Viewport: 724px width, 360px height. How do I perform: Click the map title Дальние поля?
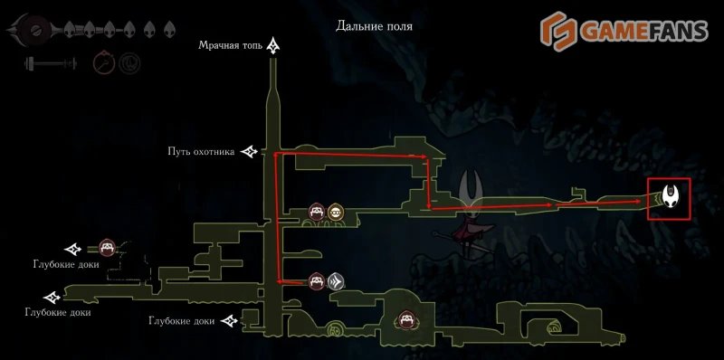[374, 26]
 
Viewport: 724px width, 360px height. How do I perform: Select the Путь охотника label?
[201, 152]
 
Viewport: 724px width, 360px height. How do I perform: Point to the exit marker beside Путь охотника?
[250, 153]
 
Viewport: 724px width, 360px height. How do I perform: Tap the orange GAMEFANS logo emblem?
[558, 30]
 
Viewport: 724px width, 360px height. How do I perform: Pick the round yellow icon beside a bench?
[336, 213]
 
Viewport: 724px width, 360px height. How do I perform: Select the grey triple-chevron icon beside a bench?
[335, 281]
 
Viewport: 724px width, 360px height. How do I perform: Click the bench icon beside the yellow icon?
[317, 213]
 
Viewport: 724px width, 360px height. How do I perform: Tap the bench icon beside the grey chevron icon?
[316, 281]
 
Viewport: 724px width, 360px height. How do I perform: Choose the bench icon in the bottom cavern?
[407, 320]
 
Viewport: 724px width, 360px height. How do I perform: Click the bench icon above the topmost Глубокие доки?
[107, 247]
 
